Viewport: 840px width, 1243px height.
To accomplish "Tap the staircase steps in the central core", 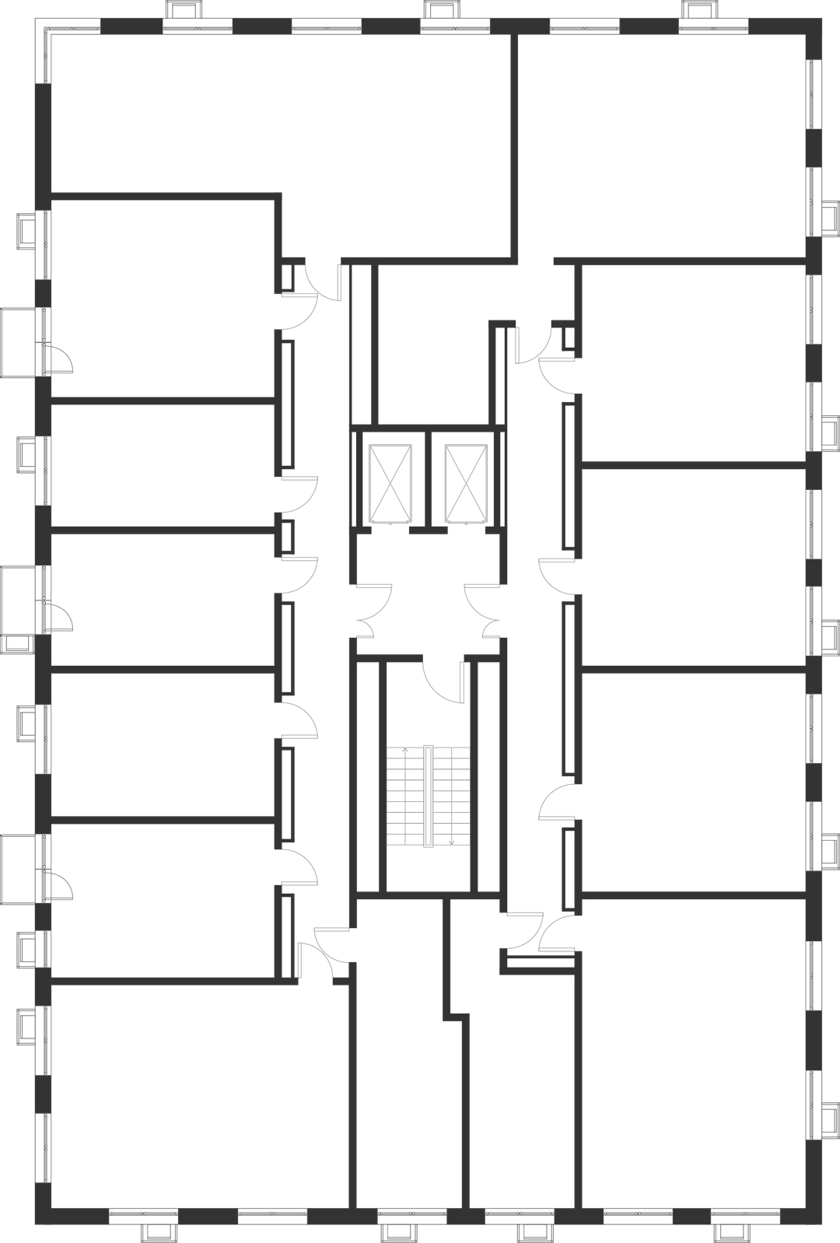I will tap(429, 795).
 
